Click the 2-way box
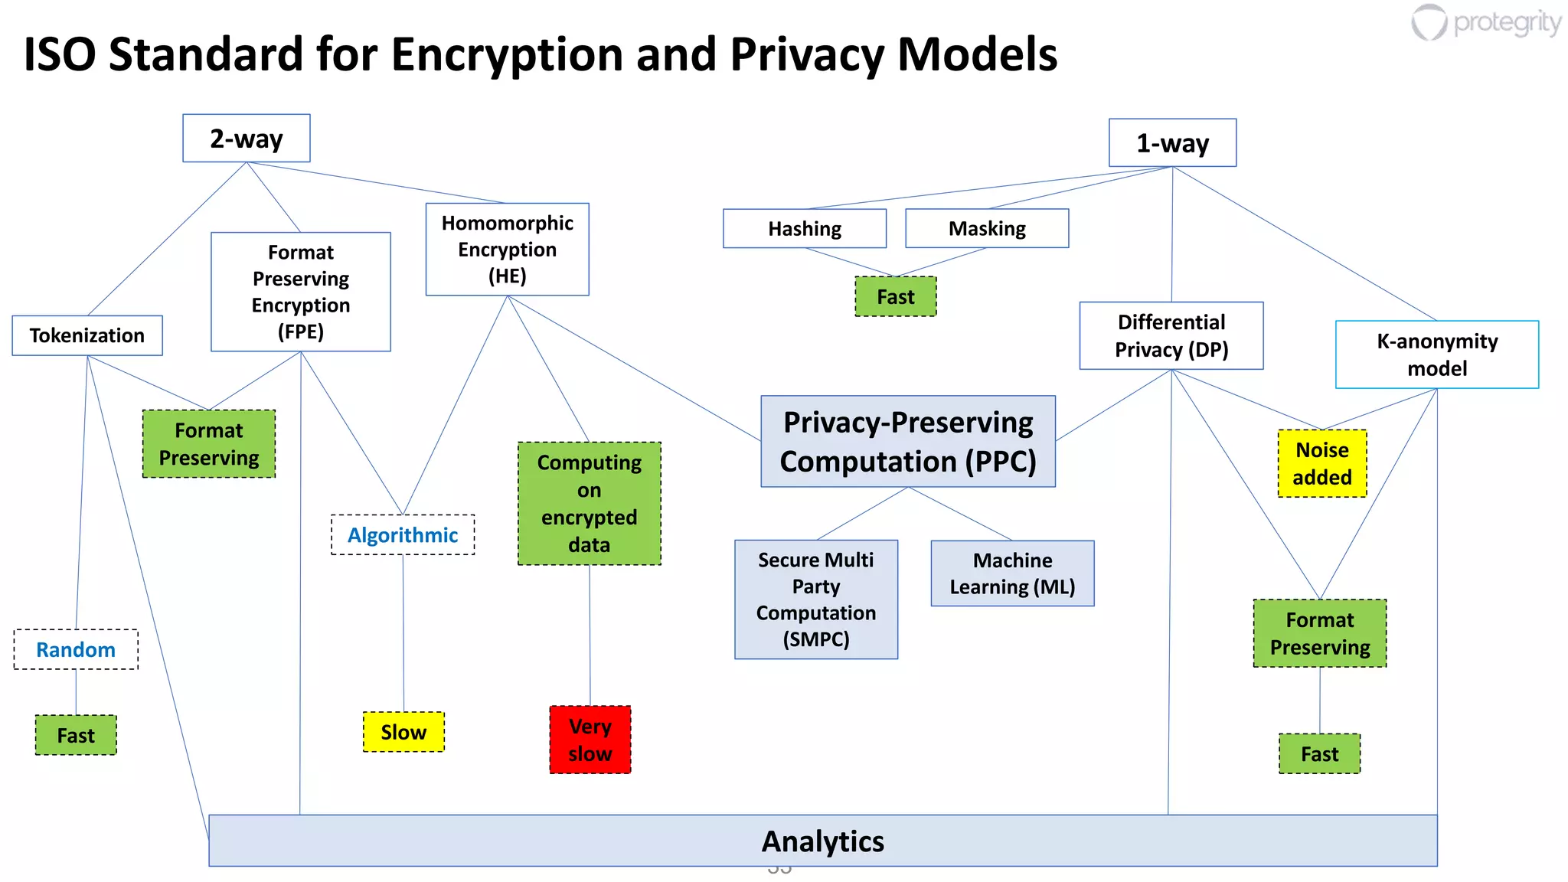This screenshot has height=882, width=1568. pyautogui.click(x=246, y=139)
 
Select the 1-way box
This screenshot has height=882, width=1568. pyautogui.click(x=1172, y=143)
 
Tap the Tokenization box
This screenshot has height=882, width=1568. pyautogui.click(x=87, y=335)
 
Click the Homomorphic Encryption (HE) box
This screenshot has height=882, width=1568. pyautogui.click(x=507, y=250)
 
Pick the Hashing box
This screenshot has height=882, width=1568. pyautogui.click(x=805, y=229)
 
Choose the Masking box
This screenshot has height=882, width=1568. pyautogui.click(x=987, y=229)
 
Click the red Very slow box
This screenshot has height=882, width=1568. pyautogui.click(x=590, y=740)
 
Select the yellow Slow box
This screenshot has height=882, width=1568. pyautogui.click(x=403, y=732)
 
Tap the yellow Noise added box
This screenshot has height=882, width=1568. pyautogui.click(x=1322, y=463)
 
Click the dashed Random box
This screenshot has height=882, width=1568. pyautogui.click(x=76, y=650)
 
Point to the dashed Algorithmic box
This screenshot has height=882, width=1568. pyautogui.click(x=403, y=535)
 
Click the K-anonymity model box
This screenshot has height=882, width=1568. pyautogui.click(x=1437, y=354)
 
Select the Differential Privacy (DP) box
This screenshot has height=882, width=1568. pyautogui.click(x=1171, y=336)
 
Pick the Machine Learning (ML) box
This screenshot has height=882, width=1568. pyautogui.click(x=1012, y=573)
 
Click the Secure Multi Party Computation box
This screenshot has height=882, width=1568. pyautogui.click(x=816, y=599)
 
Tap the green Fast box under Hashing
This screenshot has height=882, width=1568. pyautogui.click(x=896, y=297)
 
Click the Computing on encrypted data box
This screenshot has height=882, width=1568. pyautogui.click(x=590, y=504)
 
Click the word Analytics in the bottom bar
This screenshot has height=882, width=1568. pyautogui.click(x=823, y=841)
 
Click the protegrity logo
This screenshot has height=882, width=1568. pyautogui.click(x=1485, y=23)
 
